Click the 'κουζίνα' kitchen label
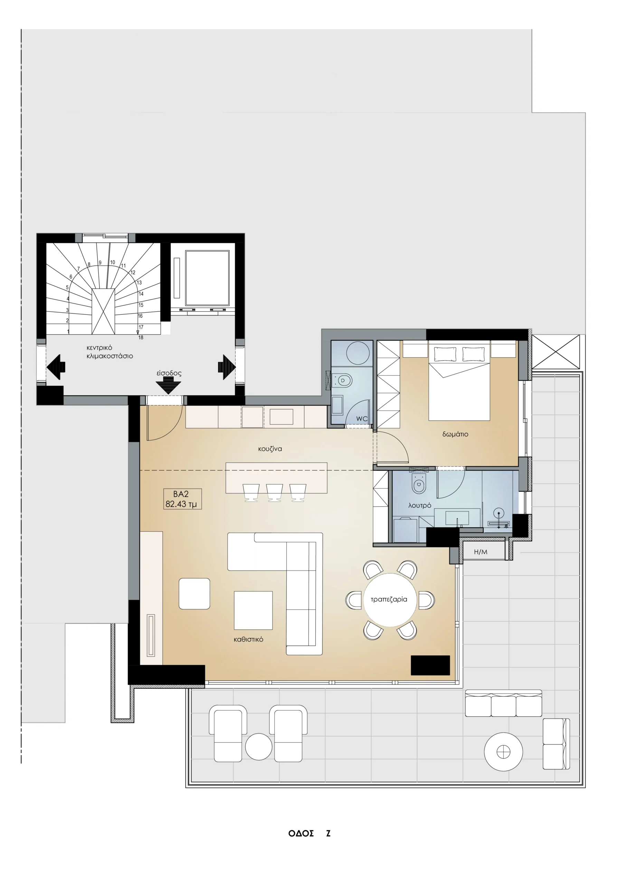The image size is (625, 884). (270, 449)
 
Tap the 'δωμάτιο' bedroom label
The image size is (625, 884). (455, 434)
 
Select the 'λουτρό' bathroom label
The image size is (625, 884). (420, 506)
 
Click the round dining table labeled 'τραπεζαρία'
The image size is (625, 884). (390, 600)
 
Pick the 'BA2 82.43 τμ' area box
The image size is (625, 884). (182, 499)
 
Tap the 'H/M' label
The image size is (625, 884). (481, 552)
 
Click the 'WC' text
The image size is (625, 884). (361, 419)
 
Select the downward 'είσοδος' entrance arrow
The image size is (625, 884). (168, 385)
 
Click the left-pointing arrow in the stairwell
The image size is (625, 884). (56, 367)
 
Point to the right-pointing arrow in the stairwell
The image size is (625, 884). (227, 367)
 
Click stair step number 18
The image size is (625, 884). (141, 338)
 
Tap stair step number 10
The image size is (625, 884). (113, 262)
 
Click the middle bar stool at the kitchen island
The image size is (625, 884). (275, 493)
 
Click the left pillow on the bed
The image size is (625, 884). (445, 354)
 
